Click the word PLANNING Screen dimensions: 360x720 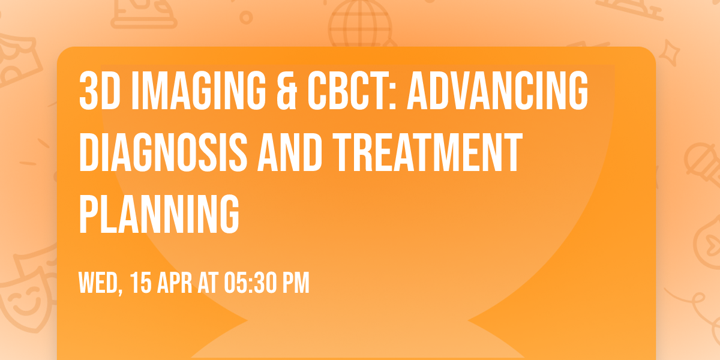[159, 213]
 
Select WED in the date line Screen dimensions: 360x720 [100, 282]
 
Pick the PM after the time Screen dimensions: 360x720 [297, 282]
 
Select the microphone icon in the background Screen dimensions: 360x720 [699, 159]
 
